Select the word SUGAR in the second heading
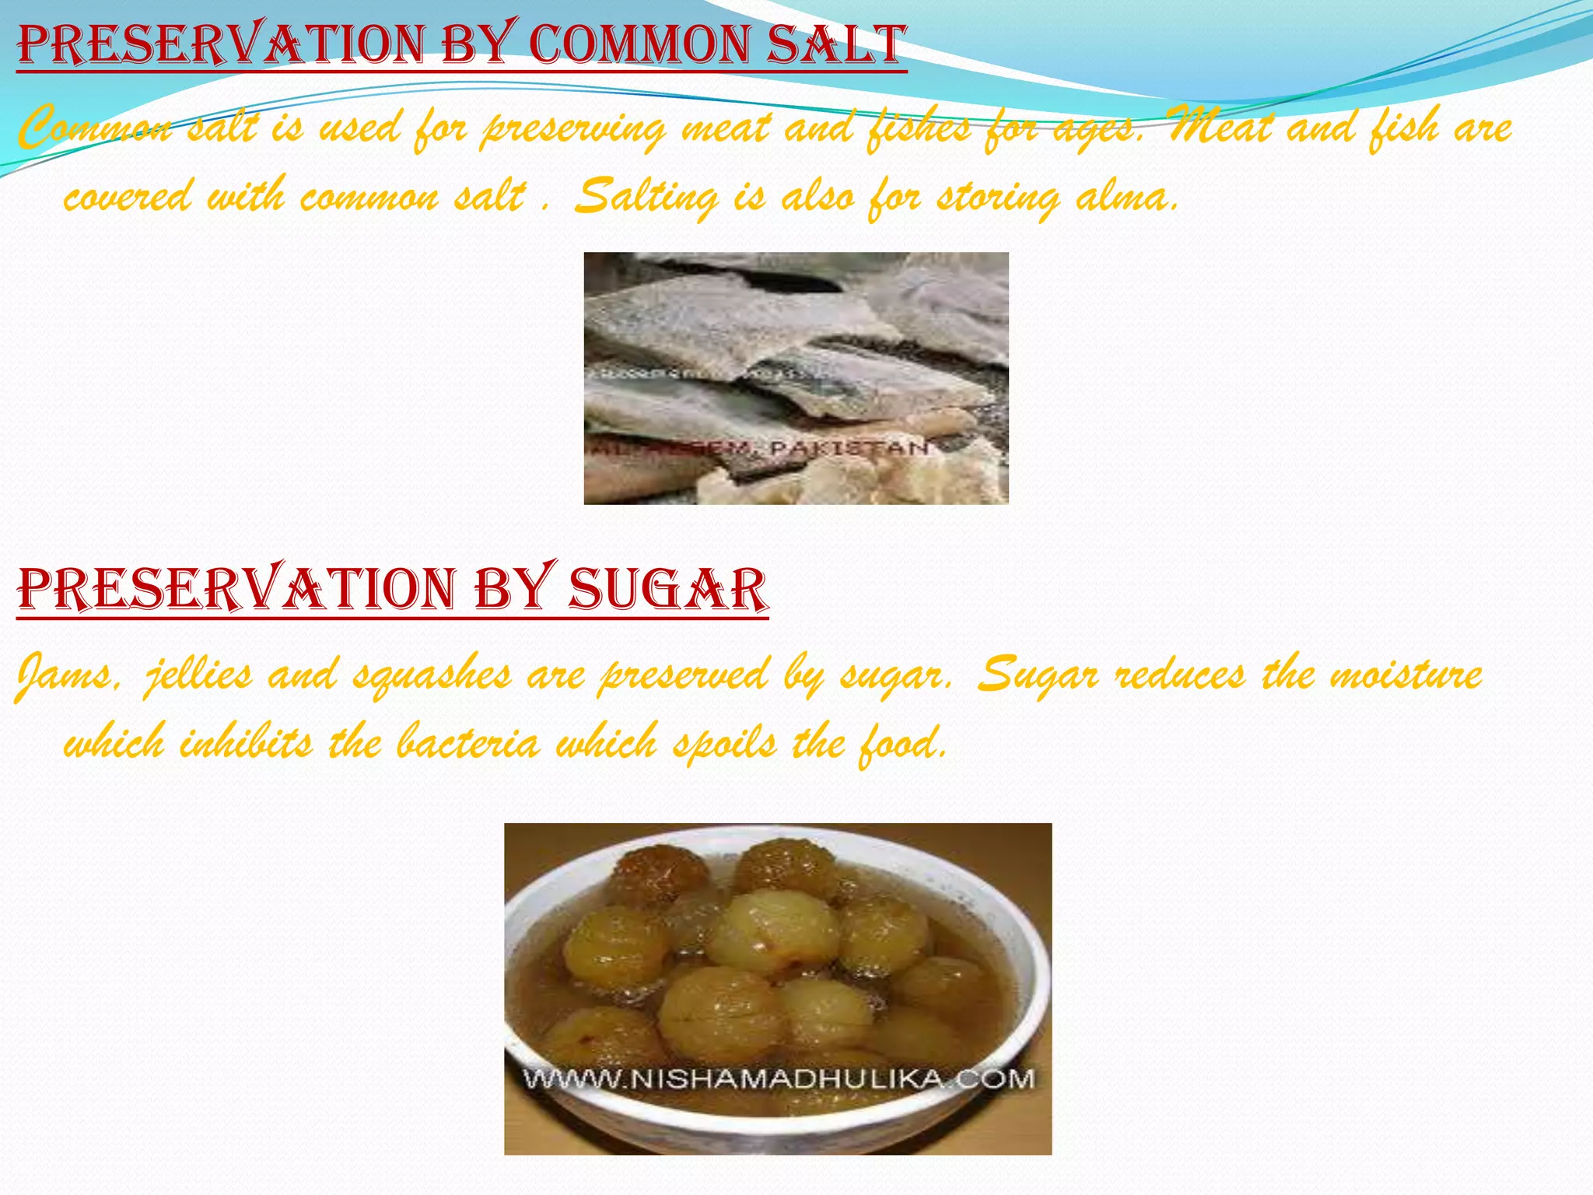click(667, 589)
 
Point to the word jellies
click(199, 675)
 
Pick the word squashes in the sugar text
click(432, 675)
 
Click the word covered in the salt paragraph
click(127, 196)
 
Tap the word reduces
click(1179, 675)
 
